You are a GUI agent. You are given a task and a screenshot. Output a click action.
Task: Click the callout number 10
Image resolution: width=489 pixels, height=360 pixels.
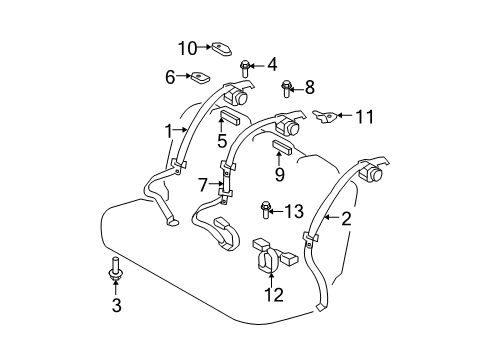point(188,47)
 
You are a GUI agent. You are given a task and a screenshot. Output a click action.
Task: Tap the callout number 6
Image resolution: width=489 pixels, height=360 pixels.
point(170,75)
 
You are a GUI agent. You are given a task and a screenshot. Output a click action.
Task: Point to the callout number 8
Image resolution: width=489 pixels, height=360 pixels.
point(309,87)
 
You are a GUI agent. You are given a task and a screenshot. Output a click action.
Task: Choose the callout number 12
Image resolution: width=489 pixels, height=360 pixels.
point(272,294)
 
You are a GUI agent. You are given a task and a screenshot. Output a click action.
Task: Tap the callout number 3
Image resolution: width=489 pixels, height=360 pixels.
point(116,306)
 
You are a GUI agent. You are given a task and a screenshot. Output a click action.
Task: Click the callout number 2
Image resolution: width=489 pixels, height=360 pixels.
point(346,219)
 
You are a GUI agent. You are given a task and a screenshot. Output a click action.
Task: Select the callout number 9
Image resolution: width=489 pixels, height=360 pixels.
point(280,174)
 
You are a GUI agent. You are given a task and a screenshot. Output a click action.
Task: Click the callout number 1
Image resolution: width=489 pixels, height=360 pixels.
point(169,130)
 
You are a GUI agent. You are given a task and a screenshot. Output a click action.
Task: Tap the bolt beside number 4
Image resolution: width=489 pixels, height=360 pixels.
point(245,68)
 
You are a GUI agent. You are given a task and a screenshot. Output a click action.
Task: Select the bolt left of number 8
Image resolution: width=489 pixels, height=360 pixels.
point(287,89)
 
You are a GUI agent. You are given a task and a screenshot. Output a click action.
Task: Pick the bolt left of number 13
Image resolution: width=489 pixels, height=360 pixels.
point(267,209)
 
